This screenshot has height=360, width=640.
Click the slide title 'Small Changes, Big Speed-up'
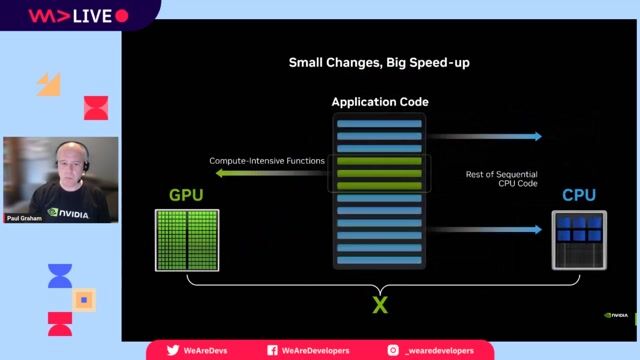(x=379, y=63)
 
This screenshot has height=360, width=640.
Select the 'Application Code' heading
(x=379, y=102)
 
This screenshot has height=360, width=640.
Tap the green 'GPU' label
(x=186, y=195)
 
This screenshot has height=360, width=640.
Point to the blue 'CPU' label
(x=579, y=195)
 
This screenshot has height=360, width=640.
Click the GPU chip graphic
(x=187, y=240)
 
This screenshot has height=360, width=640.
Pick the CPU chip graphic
(x=579, y=240)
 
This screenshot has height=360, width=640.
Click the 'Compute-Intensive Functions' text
(x=267, y=161)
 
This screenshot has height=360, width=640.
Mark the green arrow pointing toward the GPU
(x=270, y=173)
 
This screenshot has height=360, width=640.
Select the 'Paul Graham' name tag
(x=24, y=216)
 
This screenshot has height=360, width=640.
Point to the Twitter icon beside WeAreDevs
(x=173, y=351)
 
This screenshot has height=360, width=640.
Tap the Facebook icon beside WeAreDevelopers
(x=272, y=351)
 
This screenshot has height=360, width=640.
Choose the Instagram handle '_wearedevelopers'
(x=439, y=351)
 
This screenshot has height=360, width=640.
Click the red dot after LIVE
(x=122, y=16)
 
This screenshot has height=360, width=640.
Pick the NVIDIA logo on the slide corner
(x=616, y=316)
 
